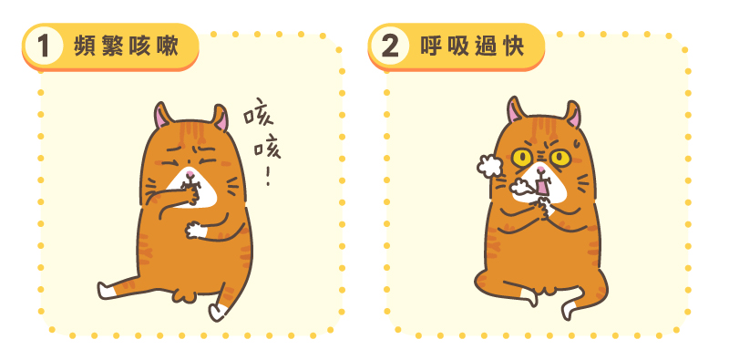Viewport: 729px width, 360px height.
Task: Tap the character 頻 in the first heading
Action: click(x=85, y=46)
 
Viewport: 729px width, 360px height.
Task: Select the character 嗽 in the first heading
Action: click(x=168, y=46)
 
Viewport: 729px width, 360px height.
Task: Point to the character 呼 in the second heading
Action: click(x=430, y=46)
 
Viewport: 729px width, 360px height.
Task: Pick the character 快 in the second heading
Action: click(x=513, y=46)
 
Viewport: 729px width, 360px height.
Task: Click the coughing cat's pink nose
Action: click(x=190, y=173)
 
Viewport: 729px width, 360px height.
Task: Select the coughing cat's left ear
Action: click(x=163, y=116)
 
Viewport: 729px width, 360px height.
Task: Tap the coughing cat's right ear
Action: click(x=220, y=118)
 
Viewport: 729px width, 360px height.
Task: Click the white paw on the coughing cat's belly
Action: click(x=195, y=231)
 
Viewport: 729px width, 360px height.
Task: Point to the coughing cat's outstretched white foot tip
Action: click(x=104, y=291)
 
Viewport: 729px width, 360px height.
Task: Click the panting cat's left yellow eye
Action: click(x=522, y=158)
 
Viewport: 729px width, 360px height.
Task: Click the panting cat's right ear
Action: click(x=573, y=114)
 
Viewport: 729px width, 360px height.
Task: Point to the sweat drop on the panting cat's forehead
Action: click(x=576, y=143)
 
